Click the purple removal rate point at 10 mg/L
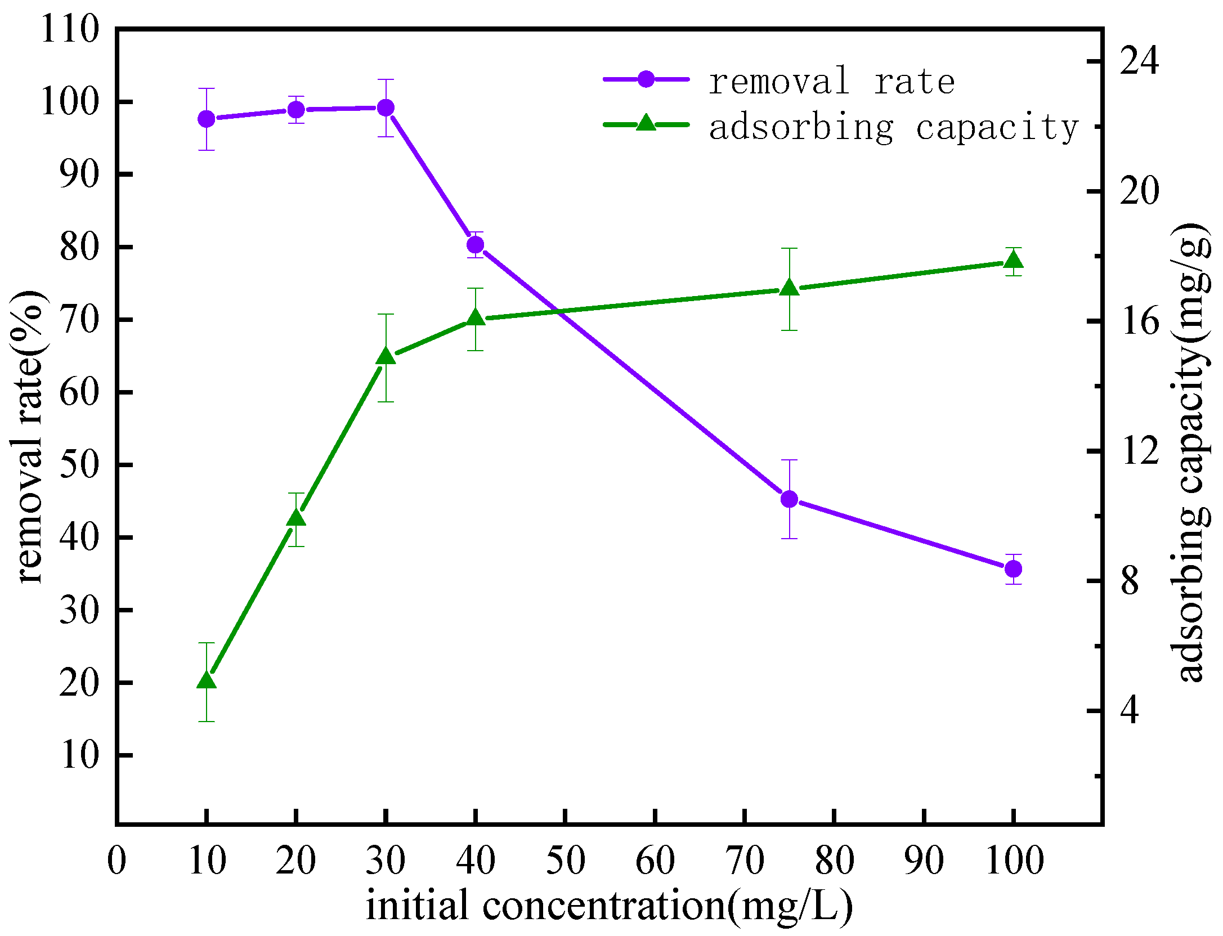(x=207, y=119)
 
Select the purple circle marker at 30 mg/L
(x=386, y=108)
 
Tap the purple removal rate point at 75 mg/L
(x=790, y=499)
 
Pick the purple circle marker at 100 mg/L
(x=1014, y=569)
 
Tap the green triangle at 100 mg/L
(x=1014, y=260)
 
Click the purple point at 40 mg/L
(x=476, y=245)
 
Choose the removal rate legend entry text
(x=831, y=82)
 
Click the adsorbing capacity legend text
(x=893, y=128)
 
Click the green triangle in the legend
(x=646, y=123)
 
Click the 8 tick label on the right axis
(x=1130, y=581)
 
